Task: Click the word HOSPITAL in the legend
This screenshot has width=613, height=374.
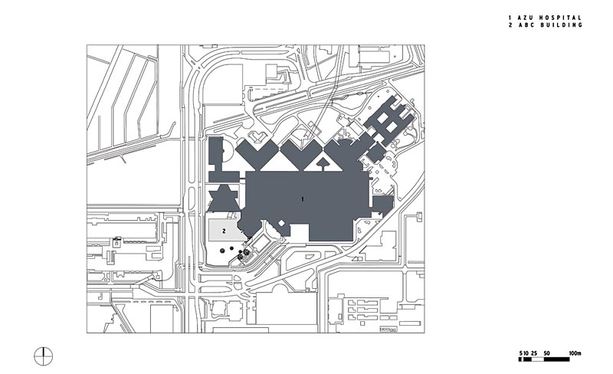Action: point(561,18)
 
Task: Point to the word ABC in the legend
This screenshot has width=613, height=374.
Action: point(526,25)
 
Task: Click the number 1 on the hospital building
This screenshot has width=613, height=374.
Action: point(303,199)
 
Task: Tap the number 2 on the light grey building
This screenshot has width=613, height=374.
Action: point(224,231)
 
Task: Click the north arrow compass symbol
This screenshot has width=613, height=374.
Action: point(44,356)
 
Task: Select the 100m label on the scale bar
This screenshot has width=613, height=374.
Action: point(575,353)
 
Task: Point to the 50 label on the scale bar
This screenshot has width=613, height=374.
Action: point(546,353)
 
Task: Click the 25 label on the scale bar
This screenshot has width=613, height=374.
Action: point(534,353)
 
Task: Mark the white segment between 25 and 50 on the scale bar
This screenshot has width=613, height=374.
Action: point(537,359)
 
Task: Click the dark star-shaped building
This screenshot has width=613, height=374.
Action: point(224,198)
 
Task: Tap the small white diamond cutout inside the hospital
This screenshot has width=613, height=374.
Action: point(280,223)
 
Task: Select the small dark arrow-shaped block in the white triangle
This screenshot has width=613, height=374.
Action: point(322,164)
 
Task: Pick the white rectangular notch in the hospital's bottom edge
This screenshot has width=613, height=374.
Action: point(300,233)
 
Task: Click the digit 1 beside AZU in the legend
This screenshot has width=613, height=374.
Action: point(510,18)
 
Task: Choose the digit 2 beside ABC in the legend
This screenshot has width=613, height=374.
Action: point(510,25)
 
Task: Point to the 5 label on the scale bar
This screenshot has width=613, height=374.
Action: point(520,353)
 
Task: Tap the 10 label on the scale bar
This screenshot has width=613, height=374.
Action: point(526,353)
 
